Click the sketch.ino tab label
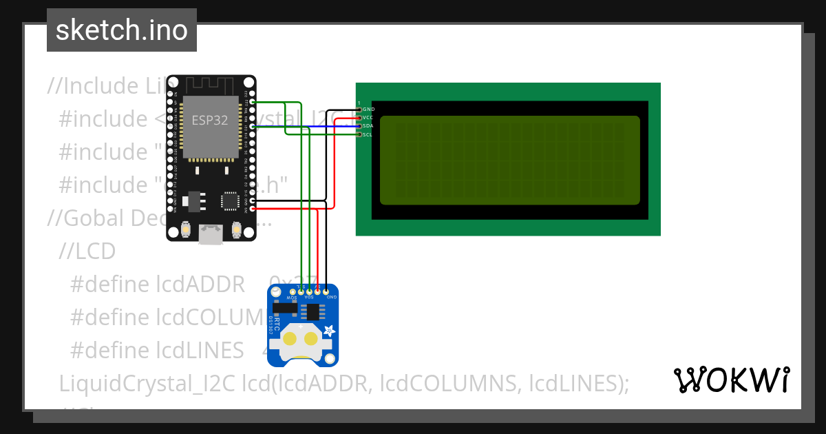(121, 30)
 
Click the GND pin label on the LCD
(368, 109)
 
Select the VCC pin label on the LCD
(368, 118)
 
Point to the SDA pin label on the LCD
(368, 126)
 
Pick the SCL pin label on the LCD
(368, 135)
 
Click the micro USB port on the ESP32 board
(211, 235)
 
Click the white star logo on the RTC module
(329, 331)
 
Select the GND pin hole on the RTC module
(326, 293)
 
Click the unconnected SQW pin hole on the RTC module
(293, 293)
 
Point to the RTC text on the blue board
(277, 324)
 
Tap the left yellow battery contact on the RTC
(290, 338)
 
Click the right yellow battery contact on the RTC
(311, 338)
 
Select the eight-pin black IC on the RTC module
(313, 311)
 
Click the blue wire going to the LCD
(310, 127)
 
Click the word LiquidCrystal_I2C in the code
(148, 383)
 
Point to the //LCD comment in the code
(87, 251)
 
